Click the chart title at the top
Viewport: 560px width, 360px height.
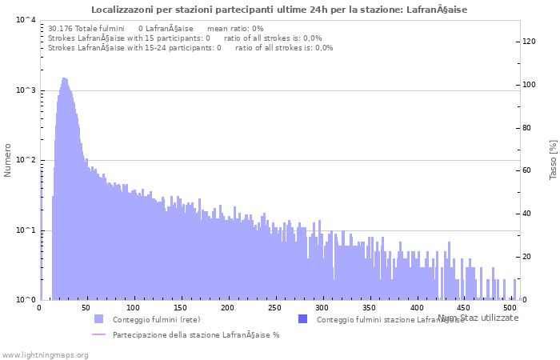coord(279,10)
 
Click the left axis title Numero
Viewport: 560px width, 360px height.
coord(8,160)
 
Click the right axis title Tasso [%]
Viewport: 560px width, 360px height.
coord(553,159)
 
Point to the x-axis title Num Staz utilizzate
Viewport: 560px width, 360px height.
coord(478,318)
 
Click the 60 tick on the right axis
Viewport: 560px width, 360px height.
coord(528,171)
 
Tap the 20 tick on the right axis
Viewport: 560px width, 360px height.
coord(528,257)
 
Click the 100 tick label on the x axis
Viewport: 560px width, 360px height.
coord(134,307)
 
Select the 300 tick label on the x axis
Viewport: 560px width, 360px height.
coord(322,307)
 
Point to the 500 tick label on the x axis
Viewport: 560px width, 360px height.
coord(510,307)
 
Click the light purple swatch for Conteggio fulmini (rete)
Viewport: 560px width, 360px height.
coord(98,319)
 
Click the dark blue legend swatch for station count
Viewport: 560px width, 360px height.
coord(302,319)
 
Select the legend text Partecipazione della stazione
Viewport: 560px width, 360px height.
coord(196,335)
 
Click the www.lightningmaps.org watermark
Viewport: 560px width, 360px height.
coord(45,354)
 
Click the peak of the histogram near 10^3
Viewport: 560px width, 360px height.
coord(65,78)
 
